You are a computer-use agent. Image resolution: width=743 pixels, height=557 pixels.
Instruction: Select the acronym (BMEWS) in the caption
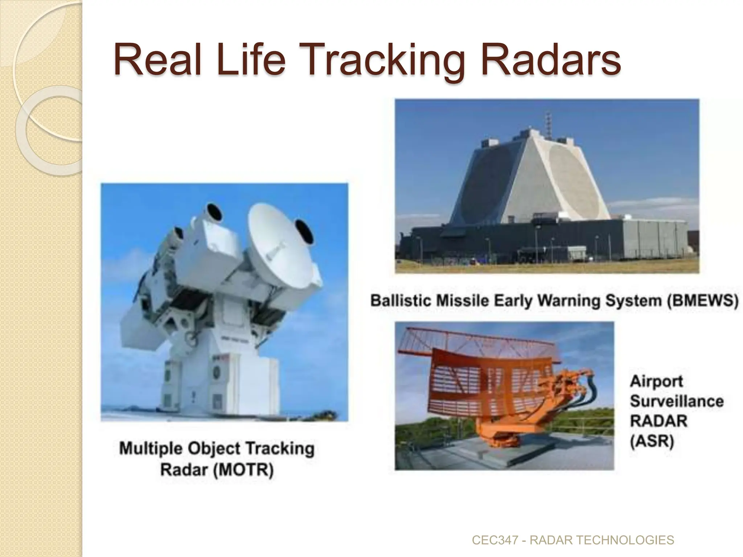702,301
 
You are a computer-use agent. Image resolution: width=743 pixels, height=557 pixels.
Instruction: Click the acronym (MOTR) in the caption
243,470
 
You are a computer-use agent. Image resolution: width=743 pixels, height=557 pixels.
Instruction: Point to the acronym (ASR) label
652,442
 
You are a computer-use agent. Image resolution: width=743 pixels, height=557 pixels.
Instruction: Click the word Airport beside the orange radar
656,381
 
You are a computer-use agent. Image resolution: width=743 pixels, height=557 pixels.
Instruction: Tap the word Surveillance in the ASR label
677,401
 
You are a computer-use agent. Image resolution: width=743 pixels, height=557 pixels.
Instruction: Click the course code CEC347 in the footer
495,540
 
